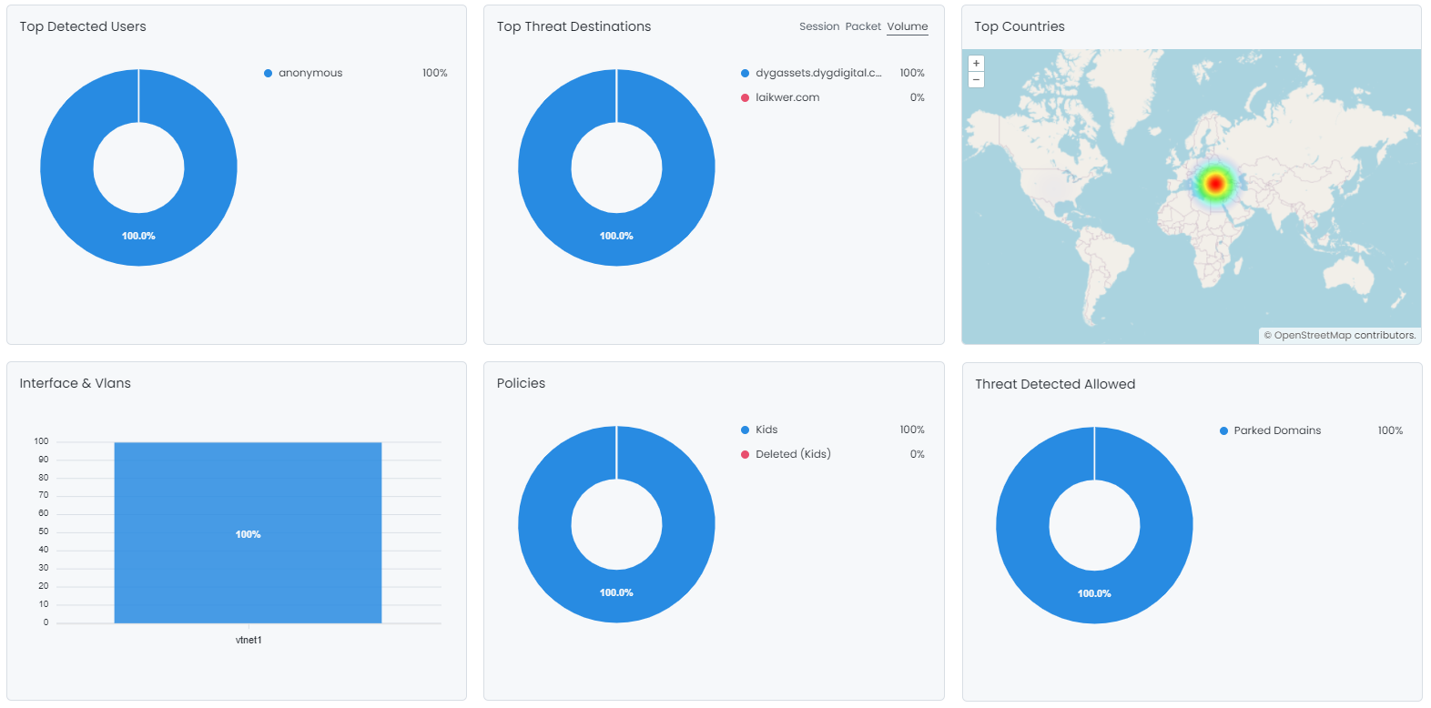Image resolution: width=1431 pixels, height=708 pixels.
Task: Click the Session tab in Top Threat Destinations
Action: (818, 26)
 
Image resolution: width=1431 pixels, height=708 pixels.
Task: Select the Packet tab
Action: (862, 26)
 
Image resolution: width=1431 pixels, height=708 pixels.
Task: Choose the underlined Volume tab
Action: (908, 26)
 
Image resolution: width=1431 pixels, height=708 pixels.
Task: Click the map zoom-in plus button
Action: (976, 64)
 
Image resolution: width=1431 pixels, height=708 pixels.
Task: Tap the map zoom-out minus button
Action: (976, 80)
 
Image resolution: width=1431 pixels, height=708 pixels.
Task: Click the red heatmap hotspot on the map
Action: (1214, 184)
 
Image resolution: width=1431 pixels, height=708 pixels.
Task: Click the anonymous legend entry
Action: (310, 73)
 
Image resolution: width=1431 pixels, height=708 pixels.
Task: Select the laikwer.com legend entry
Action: (787, 97)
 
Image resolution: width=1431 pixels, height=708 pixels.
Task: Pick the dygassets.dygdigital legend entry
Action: (817, 73)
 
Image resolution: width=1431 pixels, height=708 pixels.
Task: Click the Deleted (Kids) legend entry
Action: (792, 454)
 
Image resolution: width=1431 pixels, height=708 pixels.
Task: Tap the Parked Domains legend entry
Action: (1276, 430)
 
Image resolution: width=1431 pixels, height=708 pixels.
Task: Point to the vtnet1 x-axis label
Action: (249, 640)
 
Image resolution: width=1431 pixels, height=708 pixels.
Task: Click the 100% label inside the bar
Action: (248, 534)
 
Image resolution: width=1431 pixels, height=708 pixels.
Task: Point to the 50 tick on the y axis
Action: (43, 531)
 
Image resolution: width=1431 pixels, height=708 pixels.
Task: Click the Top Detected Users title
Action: (83, 26)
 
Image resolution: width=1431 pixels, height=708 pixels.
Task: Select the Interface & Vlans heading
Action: (75, 383)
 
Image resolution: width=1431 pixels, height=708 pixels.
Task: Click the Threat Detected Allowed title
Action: (1054, 384)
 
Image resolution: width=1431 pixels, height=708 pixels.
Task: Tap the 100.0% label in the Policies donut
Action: (616, 592)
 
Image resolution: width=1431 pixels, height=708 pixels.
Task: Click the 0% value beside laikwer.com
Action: (917, 97)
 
